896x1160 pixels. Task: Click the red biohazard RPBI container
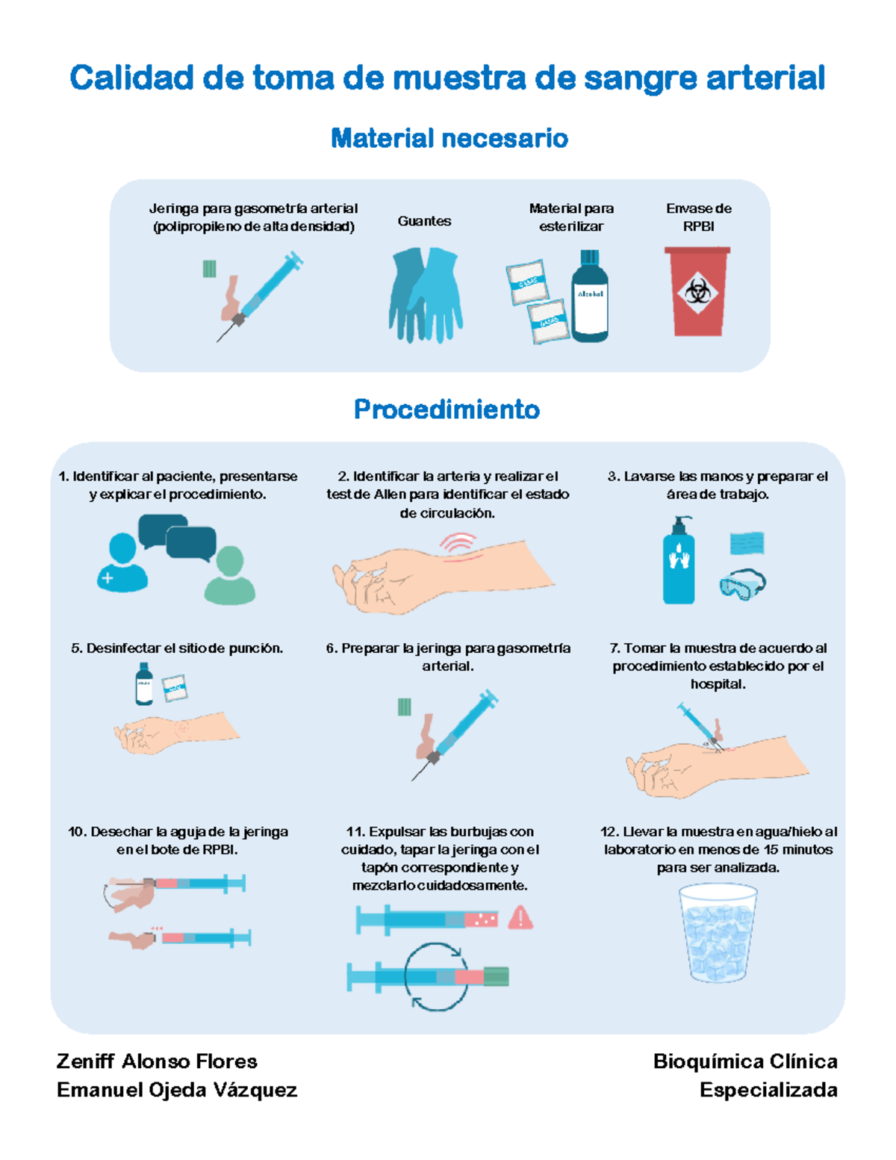697,292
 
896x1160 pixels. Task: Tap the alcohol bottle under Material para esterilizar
589,297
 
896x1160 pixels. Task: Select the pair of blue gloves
425,295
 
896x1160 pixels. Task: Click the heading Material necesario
449,138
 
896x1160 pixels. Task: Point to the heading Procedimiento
447,409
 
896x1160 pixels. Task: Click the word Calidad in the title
131,78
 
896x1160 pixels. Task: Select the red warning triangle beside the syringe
520,918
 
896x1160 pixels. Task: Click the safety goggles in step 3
742,585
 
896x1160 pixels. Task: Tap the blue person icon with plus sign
122,563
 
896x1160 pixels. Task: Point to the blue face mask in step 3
747,543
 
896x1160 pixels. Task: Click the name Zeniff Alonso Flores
157,1061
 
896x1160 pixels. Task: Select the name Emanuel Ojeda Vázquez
177,1090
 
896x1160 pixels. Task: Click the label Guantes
424,221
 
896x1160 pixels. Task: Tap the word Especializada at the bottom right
768,1090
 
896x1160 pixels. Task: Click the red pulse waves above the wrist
458,543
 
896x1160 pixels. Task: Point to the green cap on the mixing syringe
496,976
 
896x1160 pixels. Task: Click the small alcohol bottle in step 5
144,684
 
